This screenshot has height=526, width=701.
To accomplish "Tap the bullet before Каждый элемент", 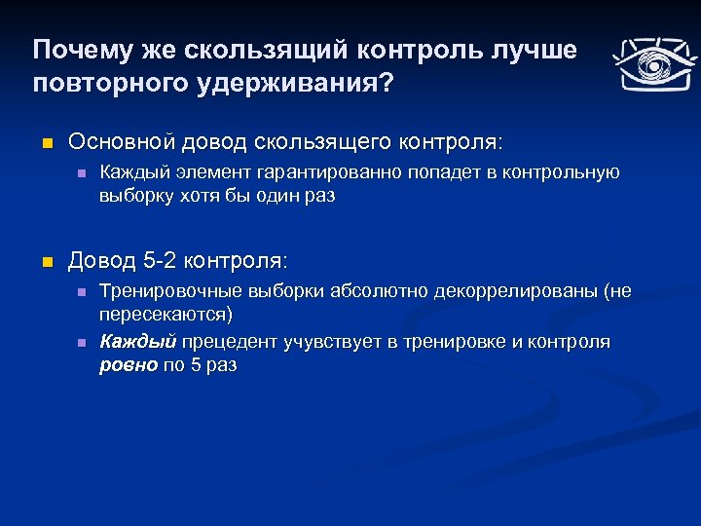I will tap(83, 173).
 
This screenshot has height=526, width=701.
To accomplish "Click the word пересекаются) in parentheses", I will tap(166, 315).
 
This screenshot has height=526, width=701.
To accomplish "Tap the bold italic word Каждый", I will tap(138, 342).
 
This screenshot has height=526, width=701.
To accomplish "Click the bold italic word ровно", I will tap(128, 364).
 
